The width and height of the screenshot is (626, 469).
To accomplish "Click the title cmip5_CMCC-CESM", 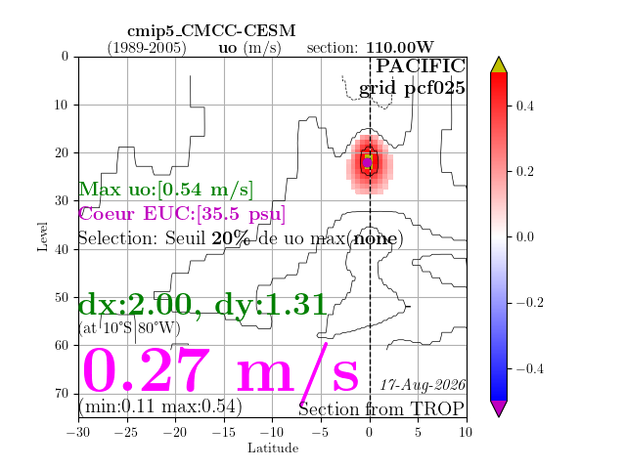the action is (x=211, y=31).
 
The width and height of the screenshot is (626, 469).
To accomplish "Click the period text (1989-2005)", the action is (x=147, y=48).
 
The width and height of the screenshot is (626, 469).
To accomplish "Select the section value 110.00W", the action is (x=400, y=48).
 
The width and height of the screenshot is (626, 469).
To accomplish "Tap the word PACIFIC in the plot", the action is (x=421, y=65).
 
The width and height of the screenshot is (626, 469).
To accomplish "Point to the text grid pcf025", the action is (x=412, y=88).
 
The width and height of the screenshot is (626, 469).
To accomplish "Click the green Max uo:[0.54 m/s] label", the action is (x=165, y=189).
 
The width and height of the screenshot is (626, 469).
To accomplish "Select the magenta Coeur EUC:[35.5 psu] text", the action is (x=182, y=213).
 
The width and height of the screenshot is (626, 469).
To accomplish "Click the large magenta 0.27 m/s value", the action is (x=220, y=370).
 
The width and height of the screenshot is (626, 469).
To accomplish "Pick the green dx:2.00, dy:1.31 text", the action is (x=203, y=306).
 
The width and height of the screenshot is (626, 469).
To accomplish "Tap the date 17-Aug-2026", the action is (x=423, y=385).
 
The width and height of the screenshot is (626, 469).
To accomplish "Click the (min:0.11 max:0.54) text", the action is (x=160, y=406).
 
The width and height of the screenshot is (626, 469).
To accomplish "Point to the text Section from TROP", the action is (x=381, y=409).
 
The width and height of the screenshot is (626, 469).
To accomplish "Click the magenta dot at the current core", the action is (x=368, y=162).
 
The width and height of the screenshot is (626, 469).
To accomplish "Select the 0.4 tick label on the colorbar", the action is (x=524, y=107).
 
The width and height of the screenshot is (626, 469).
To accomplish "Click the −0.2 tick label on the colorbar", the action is (x=530, y=302).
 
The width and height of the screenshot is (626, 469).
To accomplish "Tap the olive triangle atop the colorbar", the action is (x=499, y=65).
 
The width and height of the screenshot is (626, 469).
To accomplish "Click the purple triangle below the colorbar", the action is (x=499, y=407).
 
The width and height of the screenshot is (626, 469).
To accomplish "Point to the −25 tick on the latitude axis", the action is (x=126, y=432).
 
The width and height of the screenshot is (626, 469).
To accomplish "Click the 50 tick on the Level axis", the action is (x=62, y=297).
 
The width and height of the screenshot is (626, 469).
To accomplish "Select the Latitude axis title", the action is (x=273, y=448).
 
